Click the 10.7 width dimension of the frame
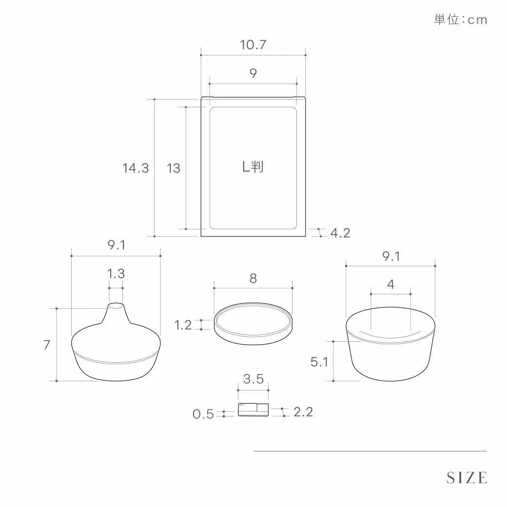coord(253,45)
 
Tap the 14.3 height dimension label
coord(136,168)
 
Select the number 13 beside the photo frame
coord(174,168)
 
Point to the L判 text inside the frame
coord(253,167)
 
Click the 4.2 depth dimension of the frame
coord(340,233)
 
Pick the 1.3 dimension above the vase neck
coord(116,274)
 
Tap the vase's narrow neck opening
coord(116,306)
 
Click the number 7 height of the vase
coord(47,345)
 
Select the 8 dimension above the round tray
coord(253,278)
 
